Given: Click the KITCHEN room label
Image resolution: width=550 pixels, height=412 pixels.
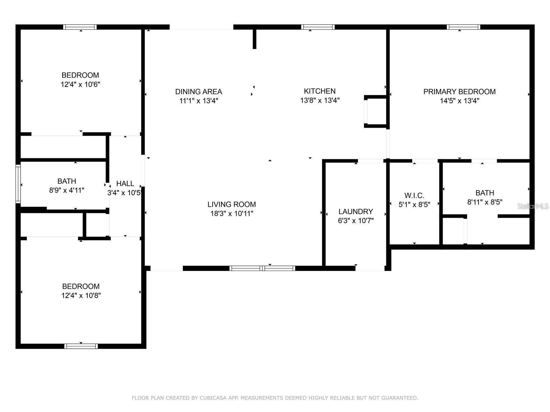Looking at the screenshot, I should click(x=320, y=91).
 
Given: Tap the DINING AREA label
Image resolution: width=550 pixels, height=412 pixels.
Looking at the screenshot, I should click(x=199, y=92).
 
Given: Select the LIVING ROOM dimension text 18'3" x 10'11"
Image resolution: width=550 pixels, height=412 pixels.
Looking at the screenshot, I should click(x=232, y=214).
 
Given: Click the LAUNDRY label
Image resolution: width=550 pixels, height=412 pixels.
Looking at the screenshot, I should click(x=355, y=211).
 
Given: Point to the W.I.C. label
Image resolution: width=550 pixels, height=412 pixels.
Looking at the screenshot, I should click(x=414, y=195).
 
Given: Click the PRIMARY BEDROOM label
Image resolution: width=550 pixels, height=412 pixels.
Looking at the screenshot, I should click(x=459, y=92).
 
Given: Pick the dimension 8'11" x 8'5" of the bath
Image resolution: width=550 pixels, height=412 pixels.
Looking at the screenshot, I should click(x=485, y=202).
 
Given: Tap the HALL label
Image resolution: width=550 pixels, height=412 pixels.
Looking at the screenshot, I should click(x=125, y=183).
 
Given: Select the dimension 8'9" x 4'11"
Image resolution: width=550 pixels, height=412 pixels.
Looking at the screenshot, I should click(x=67, y=190).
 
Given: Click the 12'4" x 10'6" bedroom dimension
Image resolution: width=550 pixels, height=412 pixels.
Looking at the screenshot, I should click(x=80, y=84).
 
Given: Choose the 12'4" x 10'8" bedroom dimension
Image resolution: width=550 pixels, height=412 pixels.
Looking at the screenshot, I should click(x=81, y=296).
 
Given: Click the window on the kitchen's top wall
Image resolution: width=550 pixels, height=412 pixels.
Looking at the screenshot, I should click(x=318, y=27).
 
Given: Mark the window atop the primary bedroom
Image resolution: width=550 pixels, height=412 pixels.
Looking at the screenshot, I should click(x=463, y=27).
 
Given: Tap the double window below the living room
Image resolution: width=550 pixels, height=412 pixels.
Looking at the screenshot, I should click(x=262, y=268).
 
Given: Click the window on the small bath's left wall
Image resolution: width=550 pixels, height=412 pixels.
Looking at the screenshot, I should click(x=18, y=184).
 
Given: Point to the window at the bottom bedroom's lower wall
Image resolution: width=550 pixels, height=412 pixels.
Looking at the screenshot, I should click(x=81, y=346).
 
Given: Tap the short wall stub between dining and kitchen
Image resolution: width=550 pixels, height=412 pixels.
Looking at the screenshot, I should click(x=254, y=39).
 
